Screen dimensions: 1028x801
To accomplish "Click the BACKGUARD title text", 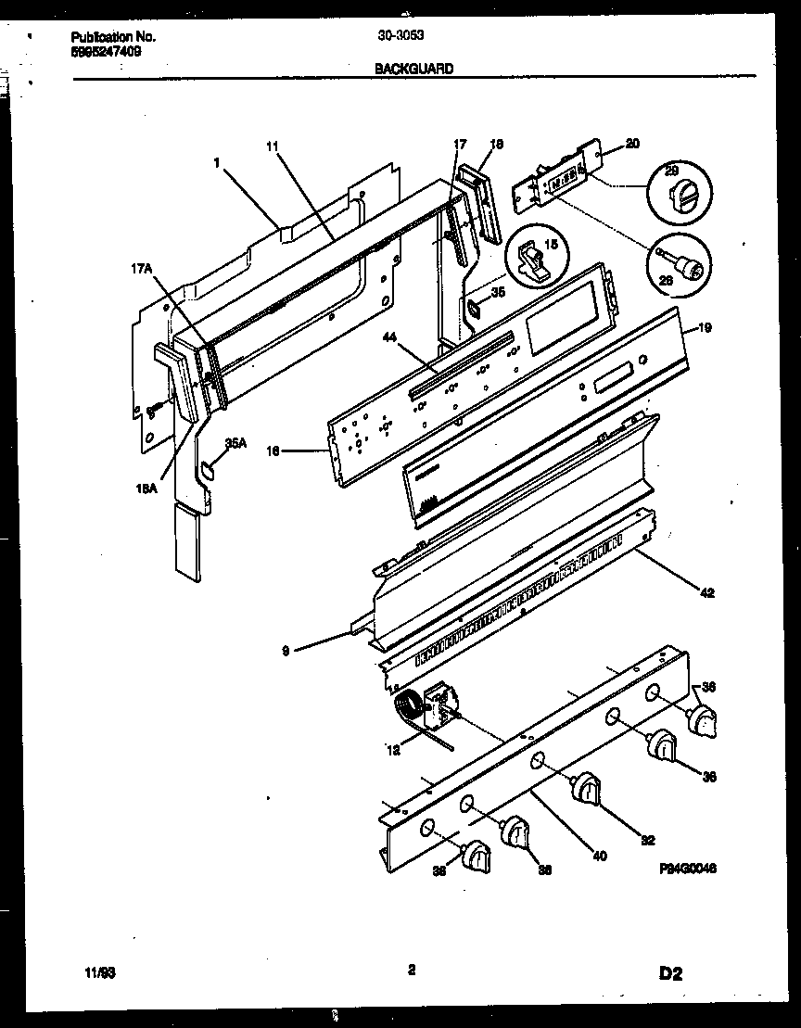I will pyautogui.click(x=413, y=69).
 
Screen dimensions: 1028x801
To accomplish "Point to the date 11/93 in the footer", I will pyautogui.click(x=94, y=973).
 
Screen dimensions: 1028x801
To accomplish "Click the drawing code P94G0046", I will pyautogui.click(x=690, y=869).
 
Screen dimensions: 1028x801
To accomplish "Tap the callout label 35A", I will pyautogui.click(x=235, y=443).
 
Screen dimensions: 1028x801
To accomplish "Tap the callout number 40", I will pyautogui.click(x=599, y=856).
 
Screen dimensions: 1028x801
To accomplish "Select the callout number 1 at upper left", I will pyautogui.click(x=216, y=161).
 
